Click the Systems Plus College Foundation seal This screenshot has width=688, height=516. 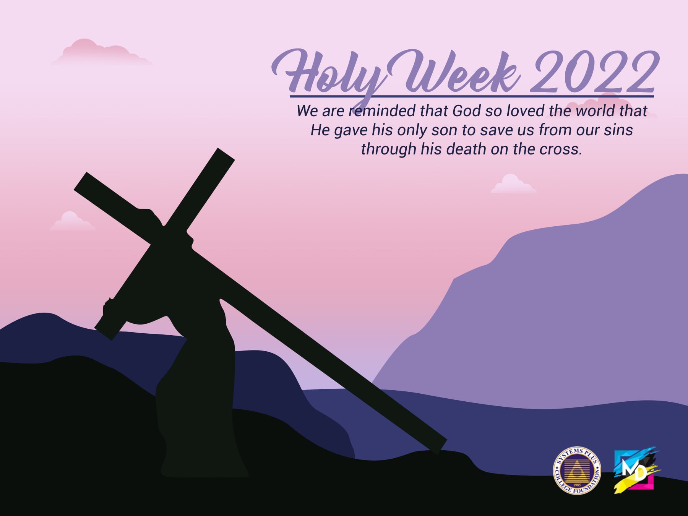pyautogui.click(x=577, y=471)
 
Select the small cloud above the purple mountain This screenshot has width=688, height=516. pyautogui.click(x=513, y=184)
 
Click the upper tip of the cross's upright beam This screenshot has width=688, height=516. pyautogui.click(x=226, y=154)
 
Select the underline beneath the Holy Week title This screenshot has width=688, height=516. pyautogui.click(x=471, y=96)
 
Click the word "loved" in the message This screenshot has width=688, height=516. pyautogui.click(x=526, y=111)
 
